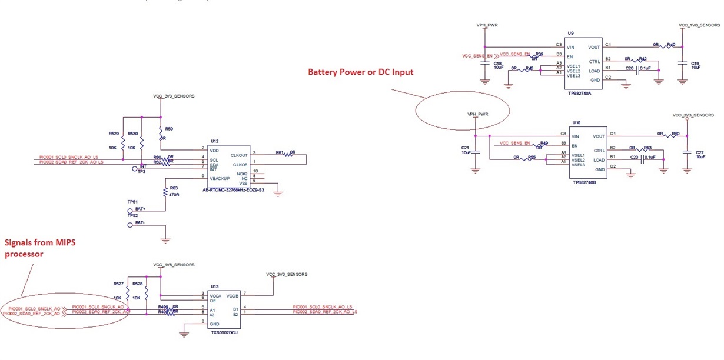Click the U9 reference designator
click(571, 35)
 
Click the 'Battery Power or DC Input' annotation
click(361, 72)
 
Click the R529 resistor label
click(114, 134)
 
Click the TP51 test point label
click(132, 201)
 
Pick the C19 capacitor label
click(695, 63)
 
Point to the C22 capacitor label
click(700, 152)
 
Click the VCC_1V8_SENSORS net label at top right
click(699, 25)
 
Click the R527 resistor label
click(118, 284)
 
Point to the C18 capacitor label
click(497, 63)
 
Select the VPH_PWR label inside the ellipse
click(478, 114)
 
